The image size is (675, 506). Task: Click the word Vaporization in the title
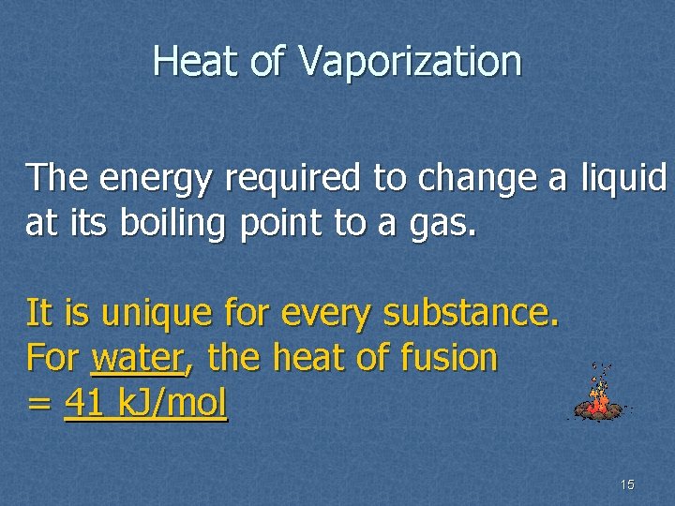(411, 63)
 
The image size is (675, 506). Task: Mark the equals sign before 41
(38, 404)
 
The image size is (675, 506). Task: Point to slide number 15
(627, 484)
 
